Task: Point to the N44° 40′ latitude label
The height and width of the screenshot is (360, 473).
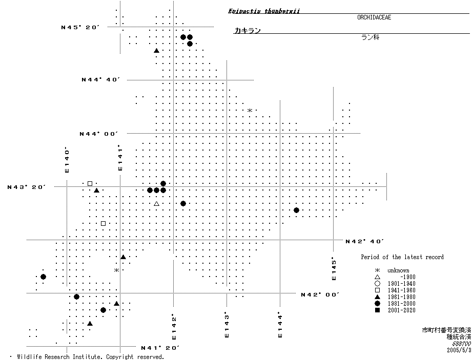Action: coord(100,79)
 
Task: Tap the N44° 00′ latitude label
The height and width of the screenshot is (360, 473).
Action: coord(98,134)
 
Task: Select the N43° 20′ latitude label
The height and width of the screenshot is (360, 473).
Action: coord(27,187)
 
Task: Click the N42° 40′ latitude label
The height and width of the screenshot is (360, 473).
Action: coord(365,241)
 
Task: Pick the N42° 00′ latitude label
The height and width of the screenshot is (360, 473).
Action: coord(320,294)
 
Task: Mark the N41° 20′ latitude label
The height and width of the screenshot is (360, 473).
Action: coord(160,348)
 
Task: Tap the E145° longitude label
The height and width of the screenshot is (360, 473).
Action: coord(334,268)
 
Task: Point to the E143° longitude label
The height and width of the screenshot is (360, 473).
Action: coord(227,325)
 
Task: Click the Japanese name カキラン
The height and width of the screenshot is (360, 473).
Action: coord(248,31)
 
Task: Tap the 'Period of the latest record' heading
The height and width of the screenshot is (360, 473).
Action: coord(402,257)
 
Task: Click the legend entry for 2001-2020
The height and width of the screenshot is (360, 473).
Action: coord(401,310)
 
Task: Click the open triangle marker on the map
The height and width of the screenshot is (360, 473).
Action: coord(157,204)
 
